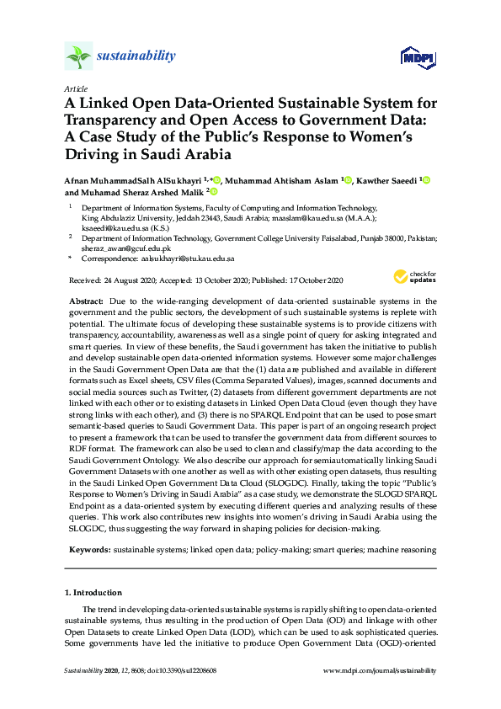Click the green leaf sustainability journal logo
click(x=78, y=57)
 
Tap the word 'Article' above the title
click(x=76, y=88)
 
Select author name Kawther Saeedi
click(x=387, y=180)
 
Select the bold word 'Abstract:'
click(x=86, y=301)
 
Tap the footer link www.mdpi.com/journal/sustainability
click(x=380, y=670)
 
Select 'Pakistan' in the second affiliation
click(x=421, y=238)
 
